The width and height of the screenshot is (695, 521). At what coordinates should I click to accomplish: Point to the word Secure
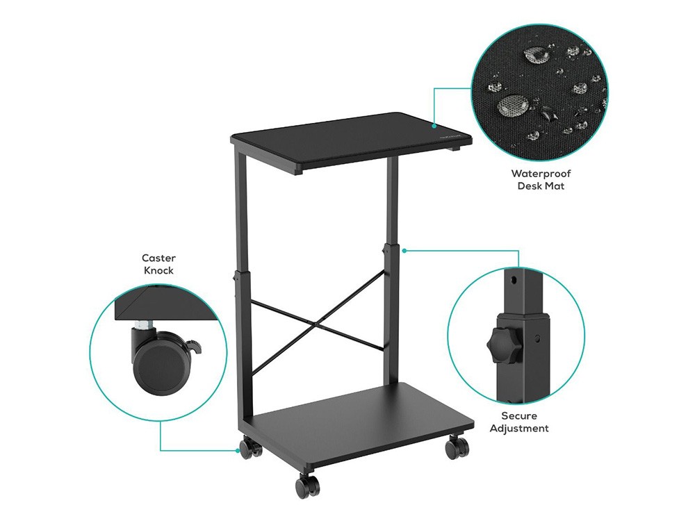click(519, 415)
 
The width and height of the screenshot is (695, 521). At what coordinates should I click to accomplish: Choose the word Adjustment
click(519, 429)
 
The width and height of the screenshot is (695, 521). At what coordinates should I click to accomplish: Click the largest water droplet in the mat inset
click(512, 106)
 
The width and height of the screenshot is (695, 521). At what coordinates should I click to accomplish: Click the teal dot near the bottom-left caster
click(237, 450)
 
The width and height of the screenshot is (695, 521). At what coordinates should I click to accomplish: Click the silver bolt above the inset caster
click(145, 324)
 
